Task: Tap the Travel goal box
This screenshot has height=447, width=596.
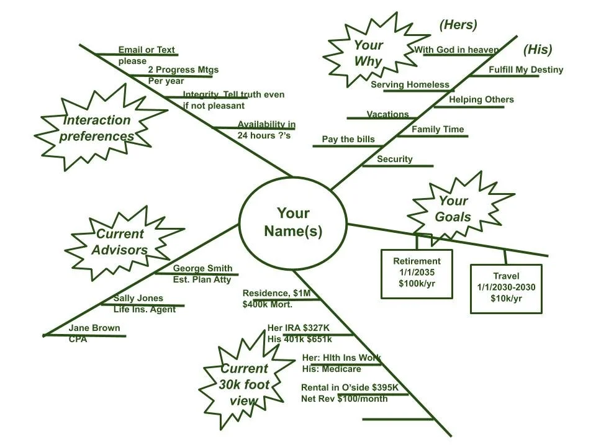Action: tap(506, 287)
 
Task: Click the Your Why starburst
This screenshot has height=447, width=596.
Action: tap(368, 53)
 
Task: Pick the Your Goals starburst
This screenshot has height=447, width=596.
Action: tap(453, 209)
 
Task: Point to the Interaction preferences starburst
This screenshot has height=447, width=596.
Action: tap(96, 128)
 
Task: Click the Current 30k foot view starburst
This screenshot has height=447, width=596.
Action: tap(244, 384)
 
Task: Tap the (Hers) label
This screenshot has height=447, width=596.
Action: tap(458, 25)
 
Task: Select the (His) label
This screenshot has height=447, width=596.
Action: tap(537, 50)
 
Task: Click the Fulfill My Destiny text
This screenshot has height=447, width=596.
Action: tap(525, 70)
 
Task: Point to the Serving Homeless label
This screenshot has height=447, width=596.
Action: tap(410, 84)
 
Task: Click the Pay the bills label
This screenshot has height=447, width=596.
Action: tap(348, 139)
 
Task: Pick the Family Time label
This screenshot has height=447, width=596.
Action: tap(438, 129)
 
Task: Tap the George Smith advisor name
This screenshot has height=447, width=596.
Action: tap(202, 268)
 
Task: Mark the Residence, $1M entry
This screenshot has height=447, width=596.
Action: tap(276, 293)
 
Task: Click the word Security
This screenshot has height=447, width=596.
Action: tap(394, 159)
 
